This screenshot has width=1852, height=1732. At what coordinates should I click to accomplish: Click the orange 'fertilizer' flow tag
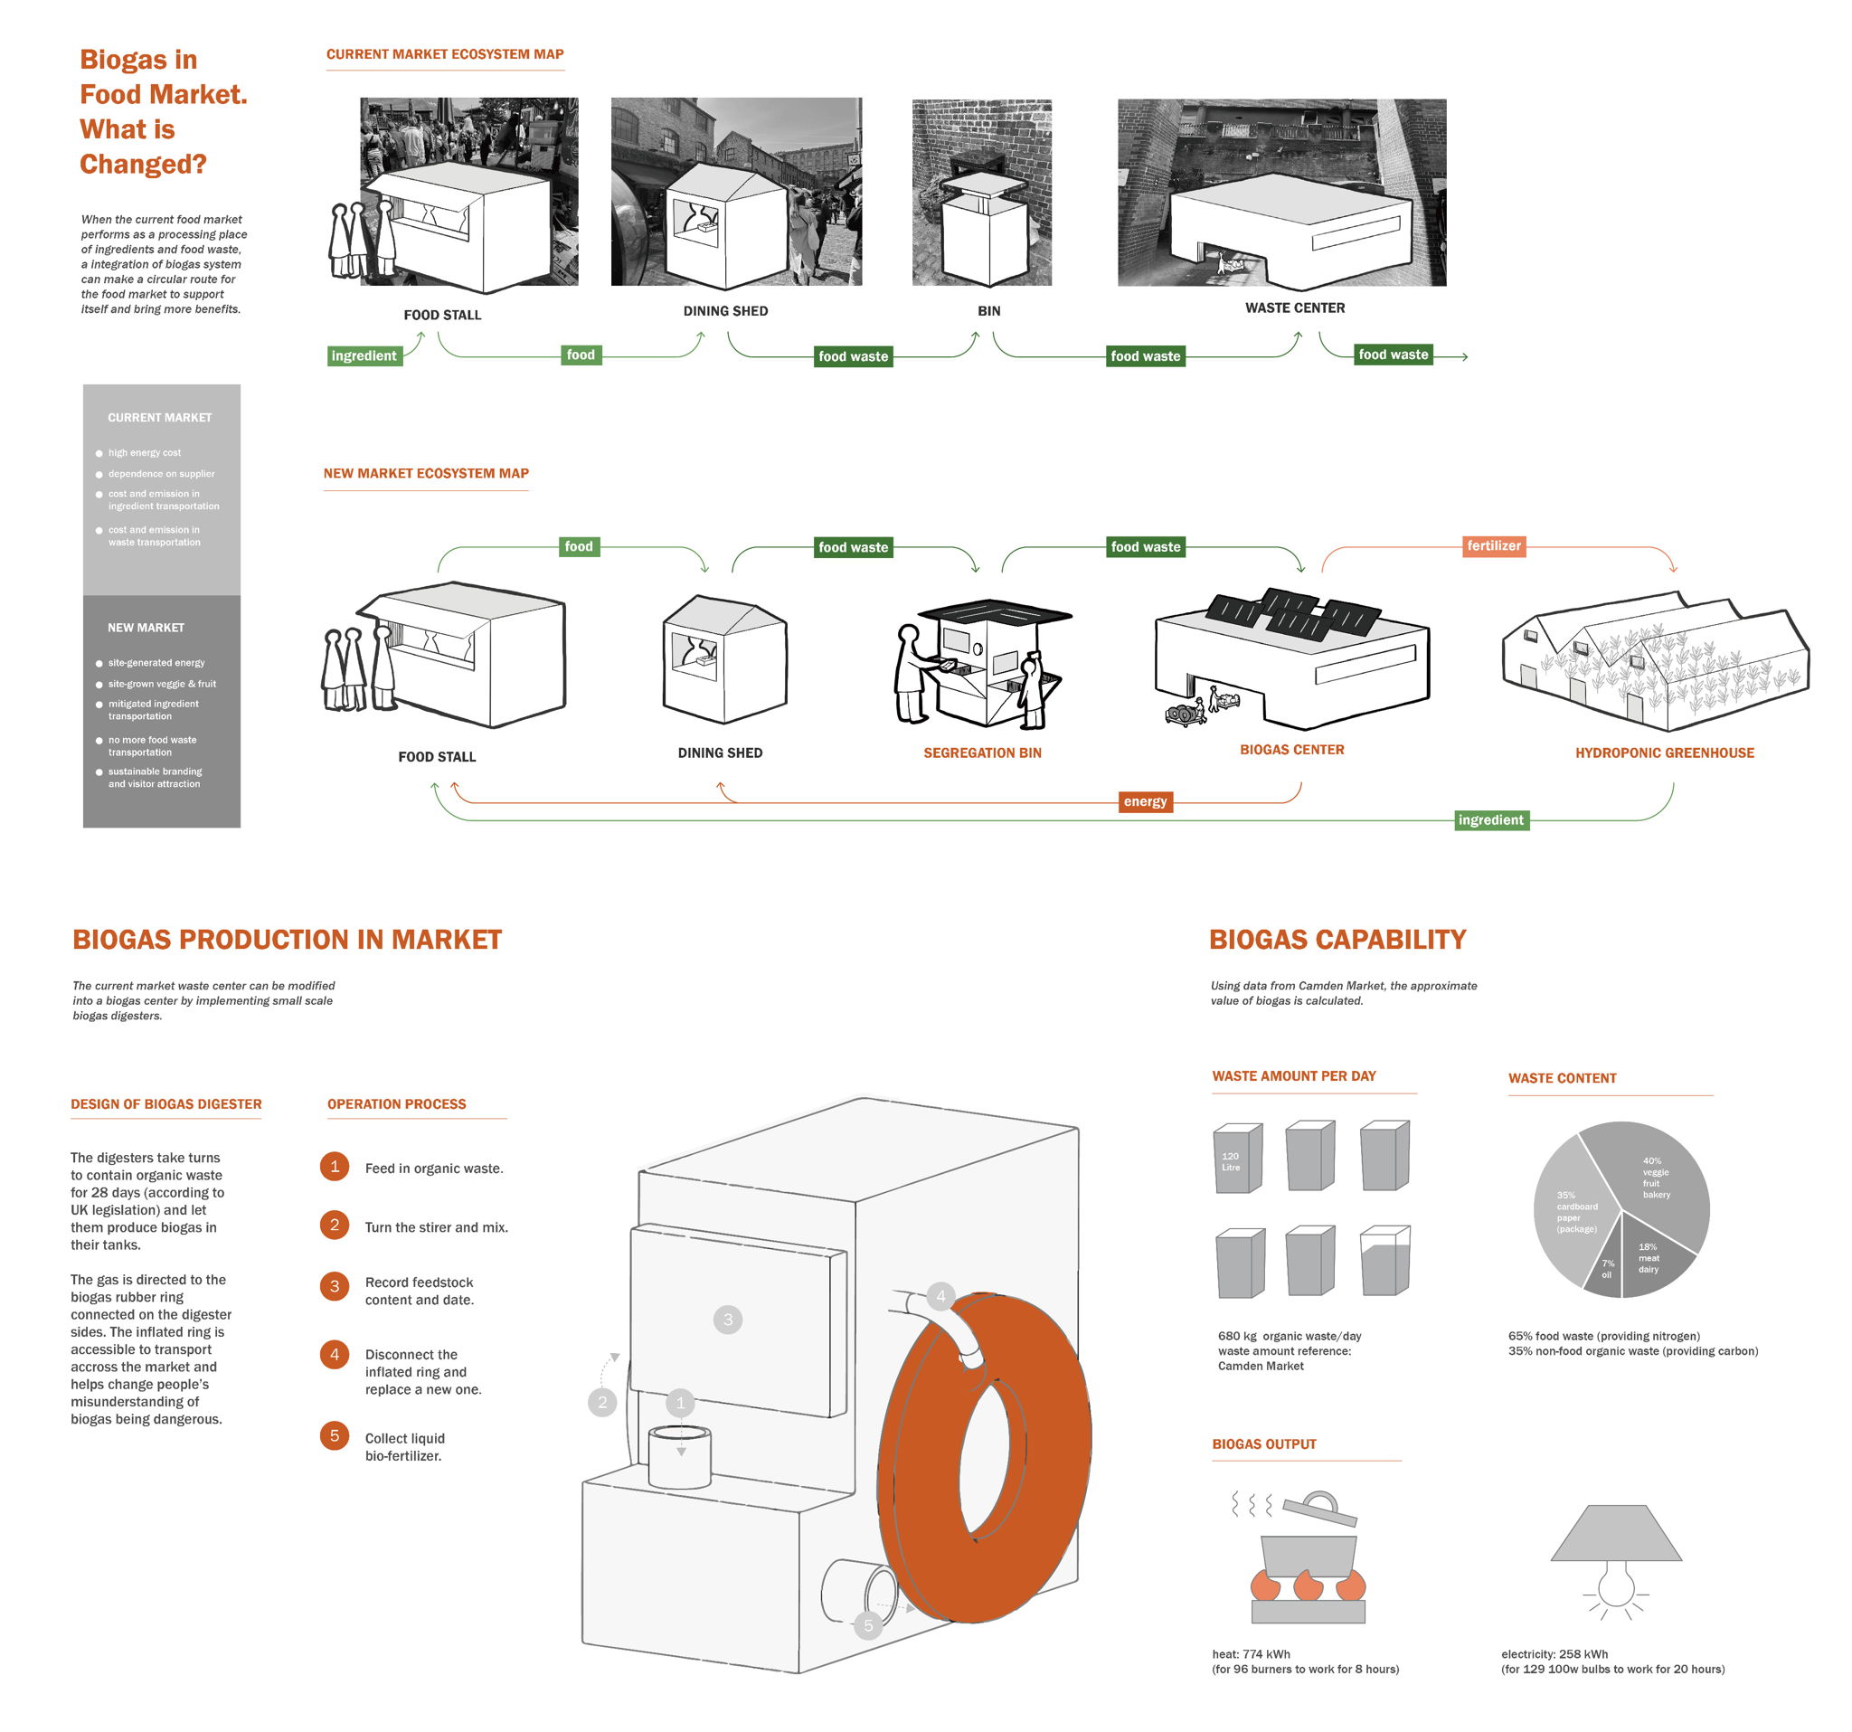pos(1493,546)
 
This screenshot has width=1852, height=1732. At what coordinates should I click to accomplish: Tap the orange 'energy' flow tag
pos(1145,801)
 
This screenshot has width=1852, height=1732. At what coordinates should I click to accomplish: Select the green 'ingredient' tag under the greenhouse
pos(1490,820)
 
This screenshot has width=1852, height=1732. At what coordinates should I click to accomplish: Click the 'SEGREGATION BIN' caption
pos(982,752)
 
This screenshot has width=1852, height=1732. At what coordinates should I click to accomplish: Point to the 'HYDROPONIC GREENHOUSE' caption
pos(1664,752)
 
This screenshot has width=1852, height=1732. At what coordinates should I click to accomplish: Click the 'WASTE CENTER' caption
pos(1294,308)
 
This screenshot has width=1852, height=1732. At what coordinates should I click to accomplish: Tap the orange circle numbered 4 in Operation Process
pos(335,1354)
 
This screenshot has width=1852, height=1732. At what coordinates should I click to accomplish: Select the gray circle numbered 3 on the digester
pos(728,1320)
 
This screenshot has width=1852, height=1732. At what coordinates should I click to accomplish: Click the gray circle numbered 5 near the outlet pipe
pos(867,1626)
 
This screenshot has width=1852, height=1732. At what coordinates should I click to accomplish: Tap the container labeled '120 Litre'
pos(1236,1160)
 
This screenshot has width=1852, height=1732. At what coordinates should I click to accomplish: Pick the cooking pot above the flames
pos(1307,1556)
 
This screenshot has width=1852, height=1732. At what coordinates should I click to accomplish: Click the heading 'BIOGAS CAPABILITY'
pos(1337,939)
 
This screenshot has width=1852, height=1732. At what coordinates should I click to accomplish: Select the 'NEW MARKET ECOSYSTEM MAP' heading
pos(426,473)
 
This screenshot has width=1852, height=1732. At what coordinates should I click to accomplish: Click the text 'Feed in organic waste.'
pos(434,1169)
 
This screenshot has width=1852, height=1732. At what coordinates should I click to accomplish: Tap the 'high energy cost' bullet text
pos(145,453)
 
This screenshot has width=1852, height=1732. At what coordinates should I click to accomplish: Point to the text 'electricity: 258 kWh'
pos(1554,1653)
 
